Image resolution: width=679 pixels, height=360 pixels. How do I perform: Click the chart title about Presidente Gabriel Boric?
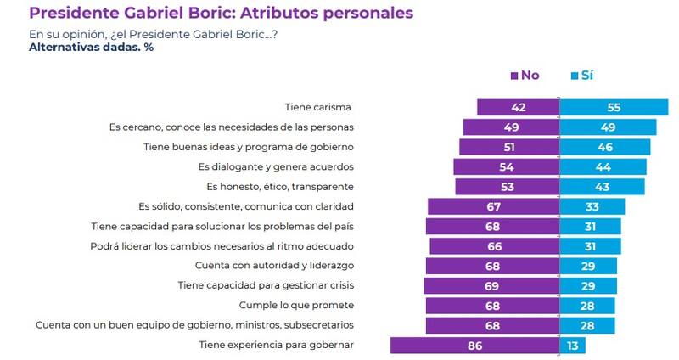pyautogui.click(x=222, y=13)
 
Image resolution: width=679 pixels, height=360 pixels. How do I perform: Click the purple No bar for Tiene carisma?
pyautogui.click(x=518, y=108)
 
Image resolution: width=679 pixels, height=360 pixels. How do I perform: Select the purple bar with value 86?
pyautogui.click(x=474, y=345)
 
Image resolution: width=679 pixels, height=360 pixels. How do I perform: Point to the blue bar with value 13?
pyautogui.click(x=573, y=345)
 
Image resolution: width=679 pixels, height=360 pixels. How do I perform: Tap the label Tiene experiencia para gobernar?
pyautogui.click(x=276, y=345)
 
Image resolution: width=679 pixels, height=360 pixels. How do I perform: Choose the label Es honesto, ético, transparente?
pyautogui.click(x=280, y=186)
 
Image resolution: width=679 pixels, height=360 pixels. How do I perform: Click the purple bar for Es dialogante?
pyautogui.click(x=507, y=166)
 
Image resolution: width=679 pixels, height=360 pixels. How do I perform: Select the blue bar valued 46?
pyautogui.click(x=605, y=147)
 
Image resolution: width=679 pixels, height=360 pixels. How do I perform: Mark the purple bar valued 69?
pyautogui.click(x=492, y=285)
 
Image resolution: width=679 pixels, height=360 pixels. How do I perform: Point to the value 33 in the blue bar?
pyautogui.click(x=593, y=206)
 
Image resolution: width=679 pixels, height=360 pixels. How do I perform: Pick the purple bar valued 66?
pyautogui.click(x=495, y=246)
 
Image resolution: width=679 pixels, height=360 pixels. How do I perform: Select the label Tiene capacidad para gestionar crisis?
pyautogui.click(x=266, y=285)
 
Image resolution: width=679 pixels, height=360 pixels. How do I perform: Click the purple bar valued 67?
pyautogui.click(x=494, y=206)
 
